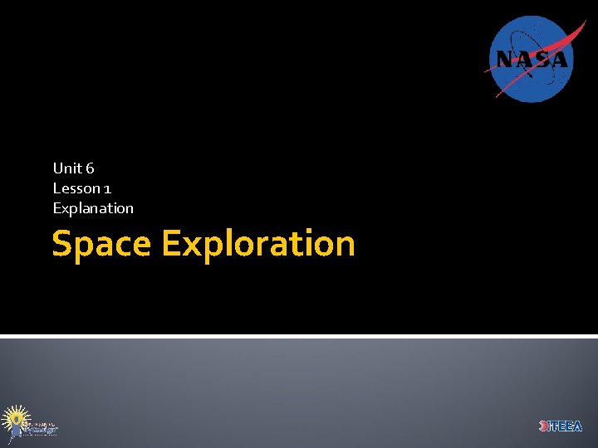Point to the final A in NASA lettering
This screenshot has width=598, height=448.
559,60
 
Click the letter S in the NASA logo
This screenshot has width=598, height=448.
541,60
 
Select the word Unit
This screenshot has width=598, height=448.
66,168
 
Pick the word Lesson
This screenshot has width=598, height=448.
76,188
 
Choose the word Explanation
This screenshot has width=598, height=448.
93,208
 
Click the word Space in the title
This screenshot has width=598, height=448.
101,245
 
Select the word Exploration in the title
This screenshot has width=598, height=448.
258,245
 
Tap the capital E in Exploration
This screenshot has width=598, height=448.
171,245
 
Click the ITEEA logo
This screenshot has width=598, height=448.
561,426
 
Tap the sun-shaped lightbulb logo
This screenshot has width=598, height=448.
15,420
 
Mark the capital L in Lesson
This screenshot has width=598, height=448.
56,188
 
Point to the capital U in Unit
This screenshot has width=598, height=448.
58,168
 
